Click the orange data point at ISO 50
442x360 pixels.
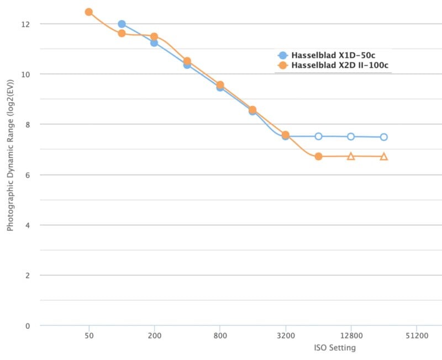(88, 12)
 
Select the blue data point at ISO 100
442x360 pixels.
(122, 24)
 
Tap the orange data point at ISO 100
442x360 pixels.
(122, 34)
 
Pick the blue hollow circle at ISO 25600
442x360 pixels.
(384, 137)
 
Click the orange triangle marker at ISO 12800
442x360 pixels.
(351, 156)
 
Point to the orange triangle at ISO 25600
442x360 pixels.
(384, 157)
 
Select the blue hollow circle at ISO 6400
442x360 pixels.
(318, 136)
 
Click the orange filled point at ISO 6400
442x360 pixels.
(318, 157)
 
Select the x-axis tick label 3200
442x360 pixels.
(286, 336)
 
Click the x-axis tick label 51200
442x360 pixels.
(417, 336)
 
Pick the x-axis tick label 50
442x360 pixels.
(88, 336)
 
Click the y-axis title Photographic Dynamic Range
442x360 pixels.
(10, 166)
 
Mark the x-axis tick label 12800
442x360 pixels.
(351, 336)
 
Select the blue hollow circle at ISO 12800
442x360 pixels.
(351, 136)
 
